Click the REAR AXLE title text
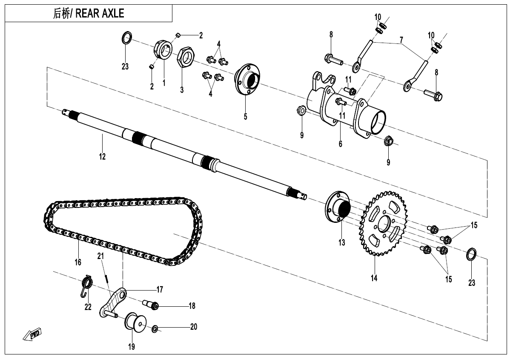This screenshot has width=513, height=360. (89, 14)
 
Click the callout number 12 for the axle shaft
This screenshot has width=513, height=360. (102, 157)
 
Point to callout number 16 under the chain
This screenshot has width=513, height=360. (78, 262)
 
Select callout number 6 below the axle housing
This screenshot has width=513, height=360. (340, 144)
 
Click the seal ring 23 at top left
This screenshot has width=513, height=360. (126, 38)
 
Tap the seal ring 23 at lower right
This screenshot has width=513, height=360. (472, 254)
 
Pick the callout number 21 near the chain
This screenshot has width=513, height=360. (100, 256)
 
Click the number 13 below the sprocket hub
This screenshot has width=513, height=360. (342, 243)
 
